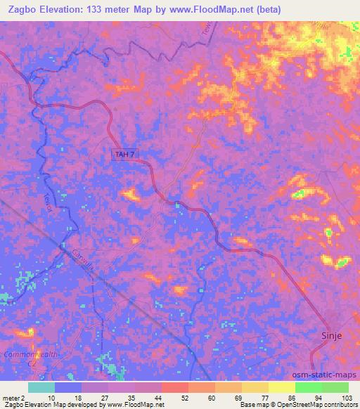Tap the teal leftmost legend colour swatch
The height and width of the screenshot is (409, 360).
click(41, 387)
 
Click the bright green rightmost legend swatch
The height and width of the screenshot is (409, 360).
click(335, 387)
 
